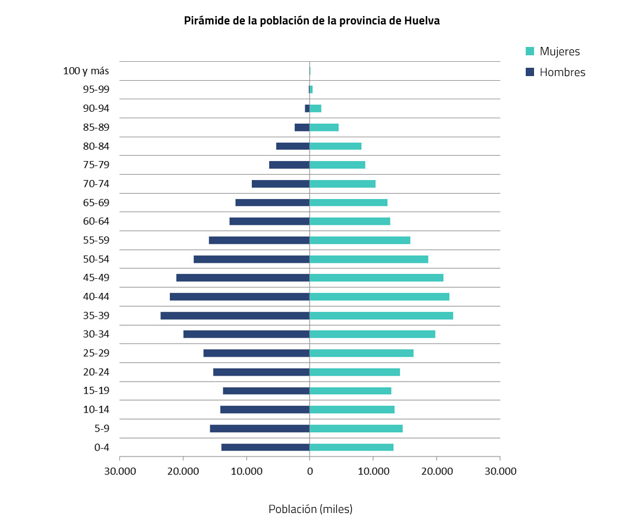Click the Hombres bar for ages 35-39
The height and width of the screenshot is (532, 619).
pos(235,316)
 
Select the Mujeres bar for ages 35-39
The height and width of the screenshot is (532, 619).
pos(381,316)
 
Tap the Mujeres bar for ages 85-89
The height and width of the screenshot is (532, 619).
pos(324,127)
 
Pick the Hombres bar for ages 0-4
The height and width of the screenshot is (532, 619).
pos(266,447)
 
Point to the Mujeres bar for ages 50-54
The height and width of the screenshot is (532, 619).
pos(369,259)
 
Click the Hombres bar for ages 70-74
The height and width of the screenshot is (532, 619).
pos(280,184)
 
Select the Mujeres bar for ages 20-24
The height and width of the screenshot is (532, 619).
pos(355,372)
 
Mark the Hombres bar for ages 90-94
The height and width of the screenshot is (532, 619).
pos(307,108)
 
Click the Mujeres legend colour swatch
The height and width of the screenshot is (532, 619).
pos(530,52)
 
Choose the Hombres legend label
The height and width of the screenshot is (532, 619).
pos(562,73)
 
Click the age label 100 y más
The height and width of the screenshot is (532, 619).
pos(86,71)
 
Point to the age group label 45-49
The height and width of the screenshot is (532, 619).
pos(97,278)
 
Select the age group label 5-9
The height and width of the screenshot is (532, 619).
pos(102,429)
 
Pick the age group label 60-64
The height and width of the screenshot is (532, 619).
pos(97,221)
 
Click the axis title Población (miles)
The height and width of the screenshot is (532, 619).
pos(310,509)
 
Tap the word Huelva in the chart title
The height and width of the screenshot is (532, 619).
pos(422,21)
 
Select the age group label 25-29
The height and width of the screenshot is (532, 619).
pos(97,353)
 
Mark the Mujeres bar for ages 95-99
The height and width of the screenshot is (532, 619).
pos(311,90)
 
